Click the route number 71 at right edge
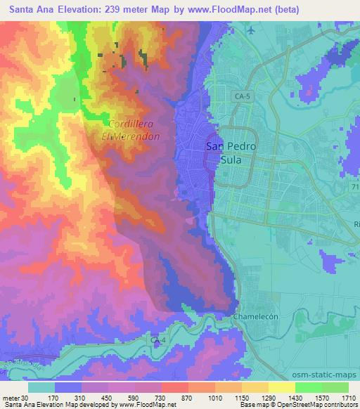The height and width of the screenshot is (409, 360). point(354,189)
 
